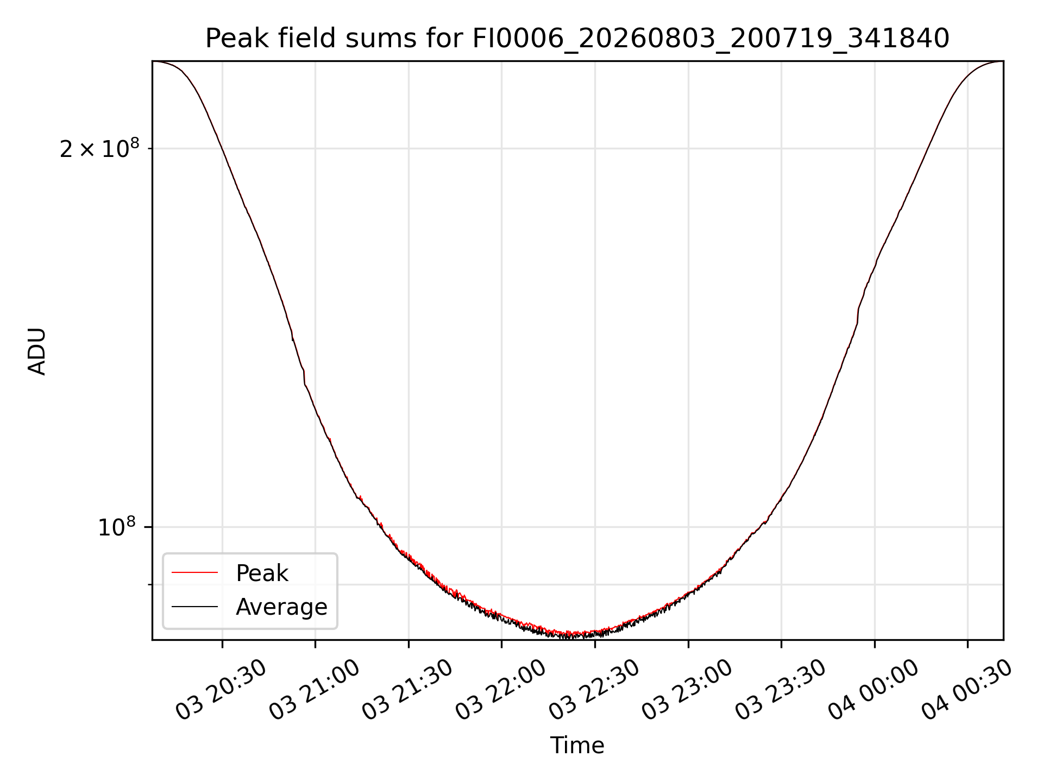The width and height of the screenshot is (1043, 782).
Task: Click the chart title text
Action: (577, 39)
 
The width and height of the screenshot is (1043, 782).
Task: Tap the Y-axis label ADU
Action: (37, 351)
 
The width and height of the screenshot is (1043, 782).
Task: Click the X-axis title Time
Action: (577, 746)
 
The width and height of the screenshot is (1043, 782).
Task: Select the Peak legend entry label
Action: (262, 573)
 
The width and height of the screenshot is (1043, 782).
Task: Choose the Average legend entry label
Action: (281, 607)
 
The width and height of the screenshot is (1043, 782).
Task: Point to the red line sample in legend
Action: (194, 572)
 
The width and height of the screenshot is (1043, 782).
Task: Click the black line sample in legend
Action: (194, 606)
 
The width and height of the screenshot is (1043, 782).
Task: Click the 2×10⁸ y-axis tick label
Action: (99, 148)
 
